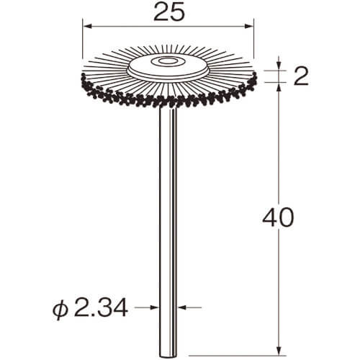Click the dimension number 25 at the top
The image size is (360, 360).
coord(169,12)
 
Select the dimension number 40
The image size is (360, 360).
coord(279,217)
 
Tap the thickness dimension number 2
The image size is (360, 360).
coord(301,76)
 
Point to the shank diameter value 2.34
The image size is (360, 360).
coord(100,307)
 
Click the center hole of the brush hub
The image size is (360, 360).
coord(166,62)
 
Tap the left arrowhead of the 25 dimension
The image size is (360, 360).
coord(87,26)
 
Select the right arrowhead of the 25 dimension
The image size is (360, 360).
coord(249,26)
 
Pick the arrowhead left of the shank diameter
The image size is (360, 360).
coord(155,307)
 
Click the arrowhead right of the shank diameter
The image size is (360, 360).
coord(182,307)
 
